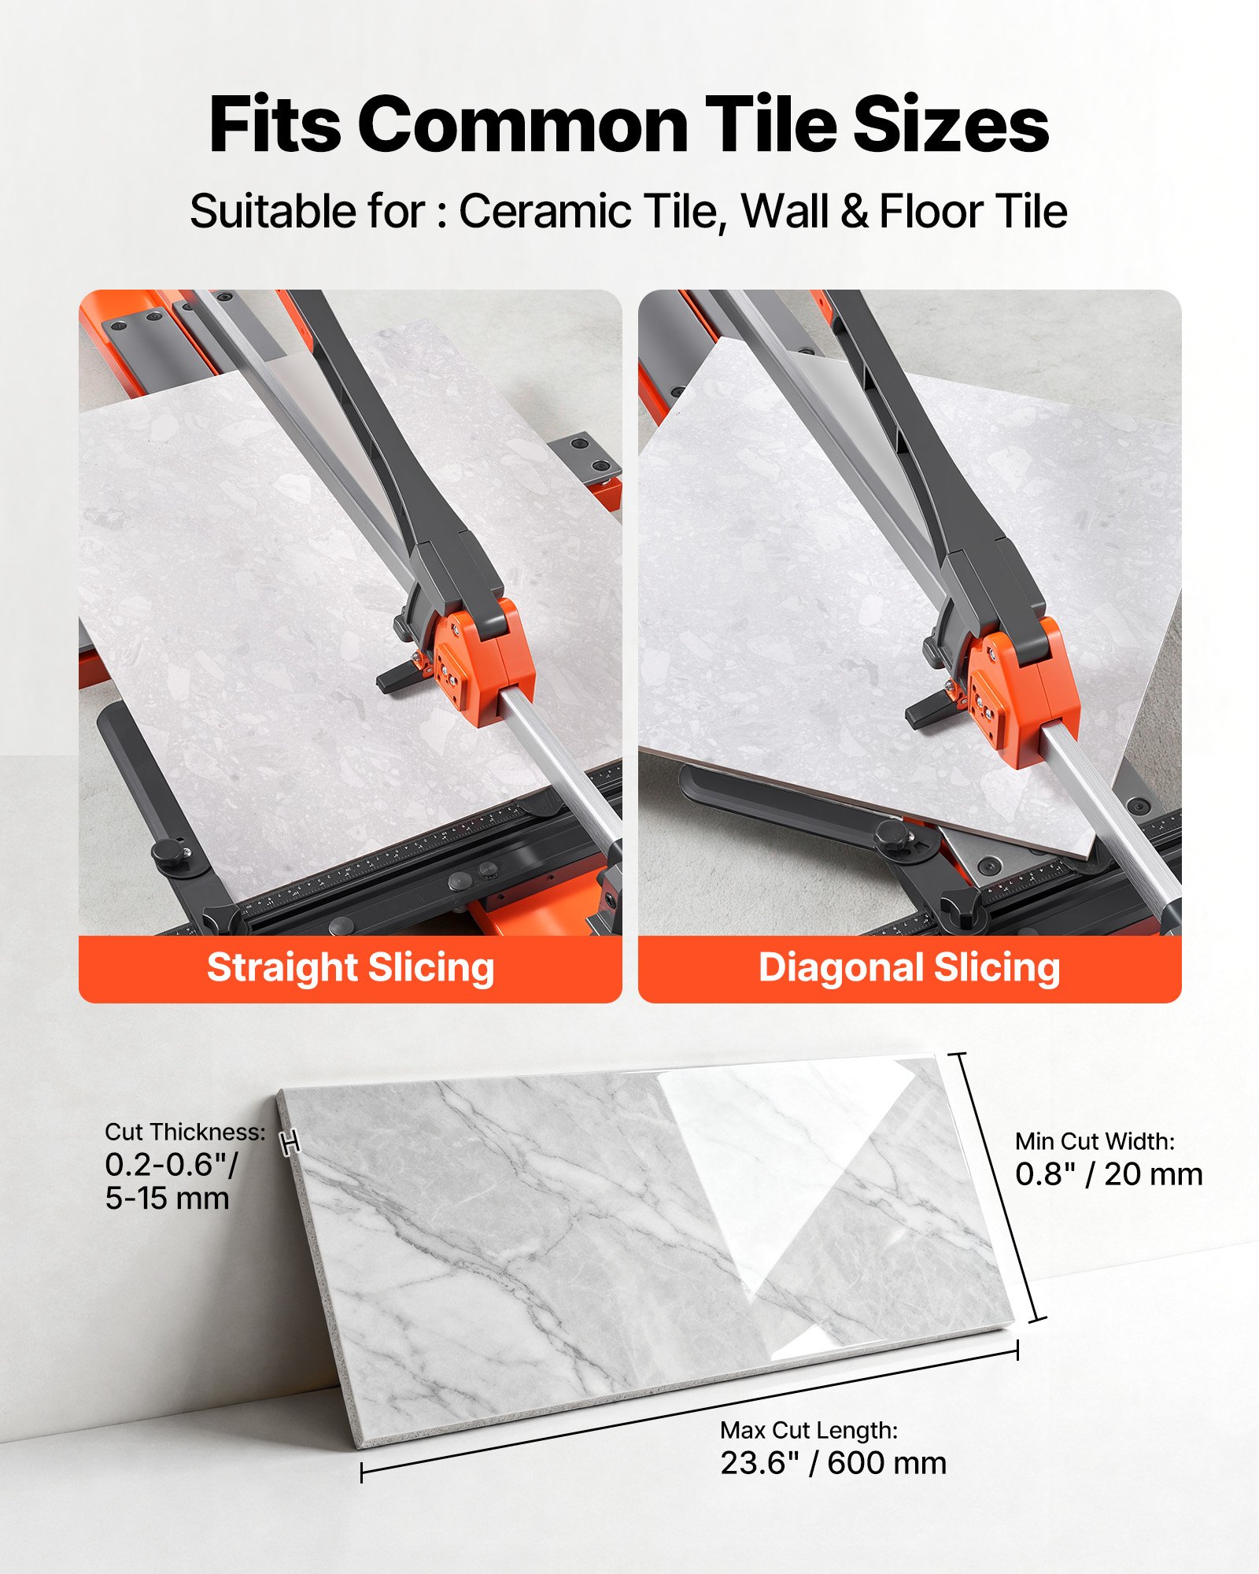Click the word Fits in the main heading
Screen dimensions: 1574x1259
point(275,126)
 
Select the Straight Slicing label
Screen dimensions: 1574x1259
point(350,968)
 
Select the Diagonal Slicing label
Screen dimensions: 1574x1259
point(909,968)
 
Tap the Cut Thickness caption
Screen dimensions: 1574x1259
point(185,1132)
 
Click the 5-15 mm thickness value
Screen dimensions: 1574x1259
point(167,1198)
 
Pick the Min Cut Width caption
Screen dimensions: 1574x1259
point(1095,1140)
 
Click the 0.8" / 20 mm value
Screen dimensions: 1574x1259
point(1109,1174)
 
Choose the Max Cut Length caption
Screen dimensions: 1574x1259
point(809,1429)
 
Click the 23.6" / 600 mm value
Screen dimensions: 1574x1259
point(833,1463)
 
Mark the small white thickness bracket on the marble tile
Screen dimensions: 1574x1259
point(290,1143)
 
